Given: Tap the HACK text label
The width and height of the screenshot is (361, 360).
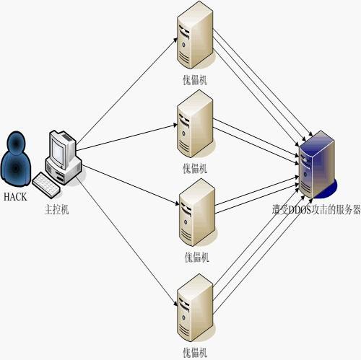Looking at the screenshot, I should click(x=15, y=196).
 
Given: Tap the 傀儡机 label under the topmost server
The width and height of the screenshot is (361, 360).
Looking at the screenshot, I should click(x=195, y=79).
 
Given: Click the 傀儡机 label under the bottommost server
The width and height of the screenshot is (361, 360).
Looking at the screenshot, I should click(x=195, y=352).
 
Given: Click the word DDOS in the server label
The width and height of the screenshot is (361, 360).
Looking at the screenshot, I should click(x=300, y=210).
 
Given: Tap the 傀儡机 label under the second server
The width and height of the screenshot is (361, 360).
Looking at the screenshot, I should click(x=195, y=169).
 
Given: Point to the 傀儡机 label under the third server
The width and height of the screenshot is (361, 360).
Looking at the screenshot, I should click(x=195, y=257).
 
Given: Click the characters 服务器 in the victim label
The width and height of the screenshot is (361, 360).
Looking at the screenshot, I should click(x=346, y=210).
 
